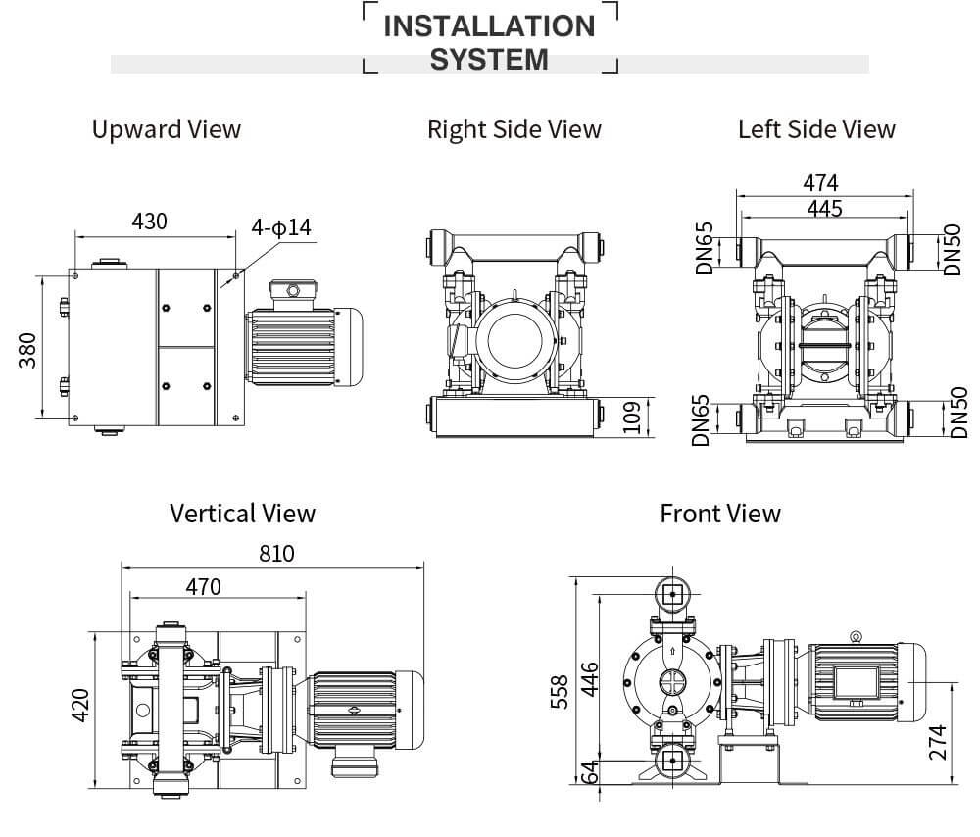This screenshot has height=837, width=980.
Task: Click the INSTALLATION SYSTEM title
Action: (x=489, y=41)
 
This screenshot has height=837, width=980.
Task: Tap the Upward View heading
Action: (x=166, y=129)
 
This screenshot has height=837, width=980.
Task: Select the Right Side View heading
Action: (x=514, y=129)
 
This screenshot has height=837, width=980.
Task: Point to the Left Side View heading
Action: (x=816, y=129)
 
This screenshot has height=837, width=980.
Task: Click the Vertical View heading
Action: (x=242, y=513)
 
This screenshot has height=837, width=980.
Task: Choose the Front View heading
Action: (x=719, y=513)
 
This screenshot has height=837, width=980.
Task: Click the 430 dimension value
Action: (x=149, y=222)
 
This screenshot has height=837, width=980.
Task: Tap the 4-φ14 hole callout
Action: (x=281, y=227)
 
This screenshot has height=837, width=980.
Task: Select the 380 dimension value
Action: (x=26, y=350)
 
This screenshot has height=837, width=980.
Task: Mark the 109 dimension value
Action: (x=631, y=417)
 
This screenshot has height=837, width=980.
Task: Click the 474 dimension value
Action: (x=820, y=183)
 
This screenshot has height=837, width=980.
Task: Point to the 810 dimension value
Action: (x=276, y=554)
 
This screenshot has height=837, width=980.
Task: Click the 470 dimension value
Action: (x=203, y=586)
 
